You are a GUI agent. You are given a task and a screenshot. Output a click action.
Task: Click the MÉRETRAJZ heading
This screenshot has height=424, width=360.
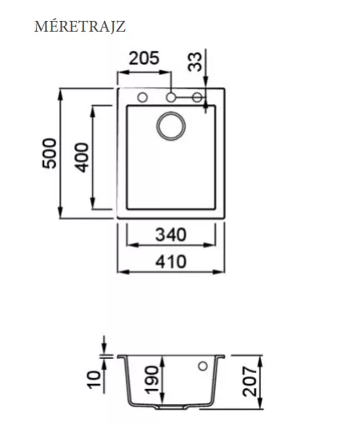click(80, 27)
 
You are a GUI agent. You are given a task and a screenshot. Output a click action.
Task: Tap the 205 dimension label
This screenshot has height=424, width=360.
click(144, 58)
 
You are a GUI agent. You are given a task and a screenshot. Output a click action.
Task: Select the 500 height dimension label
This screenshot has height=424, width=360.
click(49, 153)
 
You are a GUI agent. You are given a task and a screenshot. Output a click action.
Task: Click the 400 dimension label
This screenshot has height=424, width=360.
click(82, 157)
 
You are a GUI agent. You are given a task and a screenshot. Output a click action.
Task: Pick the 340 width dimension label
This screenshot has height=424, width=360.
click(171, 235)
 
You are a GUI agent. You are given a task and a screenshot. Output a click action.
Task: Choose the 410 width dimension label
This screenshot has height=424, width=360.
click(171, 262)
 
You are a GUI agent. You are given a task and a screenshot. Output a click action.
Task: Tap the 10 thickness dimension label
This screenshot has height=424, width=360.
click(94, 380)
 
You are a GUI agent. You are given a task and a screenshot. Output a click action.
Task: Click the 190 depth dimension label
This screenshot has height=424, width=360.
click(152, 380)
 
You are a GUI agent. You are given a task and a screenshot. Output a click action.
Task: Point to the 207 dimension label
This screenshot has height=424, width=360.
click(249, 382)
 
